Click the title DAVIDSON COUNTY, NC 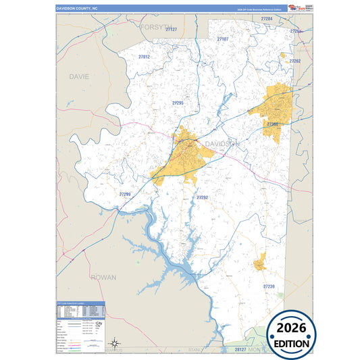[x=77, y=8]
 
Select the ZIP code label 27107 [x=223, y=40]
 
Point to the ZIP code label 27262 [x=294, y=61]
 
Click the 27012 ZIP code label [x=143, y=57]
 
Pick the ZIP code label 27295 [x=178, y=103]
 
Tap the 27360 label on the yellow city [x=272, y=124]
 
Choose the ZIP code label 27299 [x=124, y=195]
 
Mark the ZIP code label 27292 [x=202, y=197]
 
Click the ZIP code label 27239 [x=269, y=286]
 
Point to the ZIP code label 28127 [x=241, y=350]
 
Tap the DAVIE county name [x=79, y=77]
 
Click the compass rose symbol [x=115, y=342]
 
